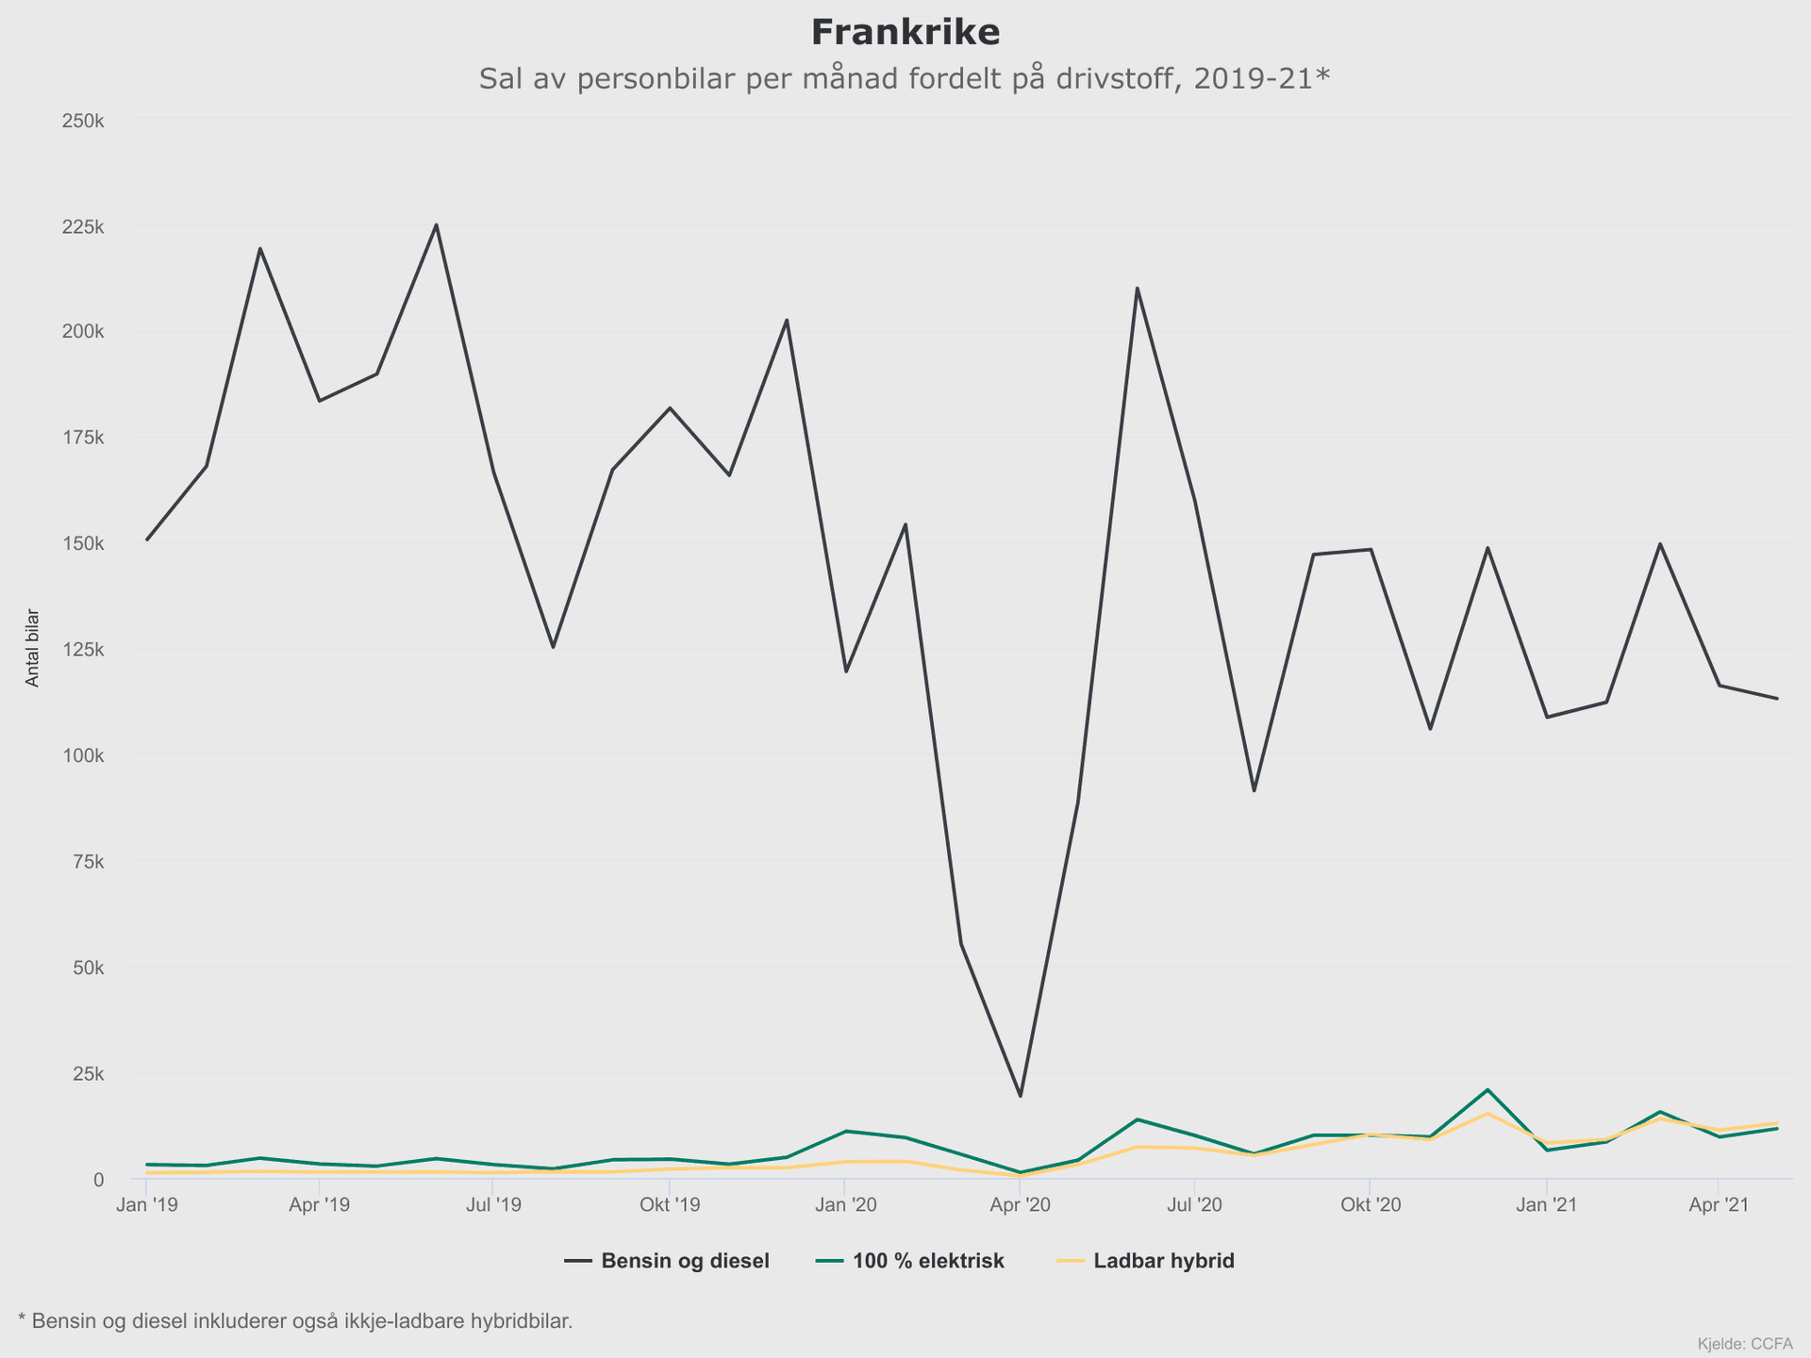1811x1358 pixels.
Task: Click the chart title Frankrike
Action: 905,33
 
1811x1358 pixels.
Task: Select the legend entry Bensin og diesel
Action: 685,1261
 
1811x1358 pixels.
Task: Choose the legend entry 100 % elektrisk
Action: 928,1261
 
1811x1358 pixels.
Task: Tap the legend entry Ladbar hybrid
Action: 1163,1261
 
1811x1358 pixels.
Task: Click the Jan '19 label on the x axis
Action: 146,1205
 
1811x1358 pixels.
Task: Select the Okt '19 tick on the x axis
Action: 670,1205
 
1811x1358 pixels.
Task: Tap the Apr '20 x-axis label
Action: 1020,1205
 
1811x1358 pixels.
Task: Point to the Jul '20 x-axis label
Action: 1195,1205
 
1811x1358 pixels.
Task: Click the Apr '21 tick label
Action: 1719,1205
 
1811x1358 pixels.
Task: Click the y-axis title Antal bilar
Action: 33,648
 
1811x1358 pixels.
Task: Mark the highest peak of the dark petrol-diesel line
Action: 436,224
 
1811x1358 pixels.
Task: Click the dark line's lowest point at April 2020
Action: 1020,1096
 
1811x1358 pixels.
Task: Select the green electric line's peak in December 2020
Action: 1487,1090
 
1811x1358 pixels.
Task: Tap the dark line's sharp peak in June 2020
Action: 1138,288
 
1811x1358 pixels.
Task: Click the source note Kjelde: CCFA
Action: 1744,1344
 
